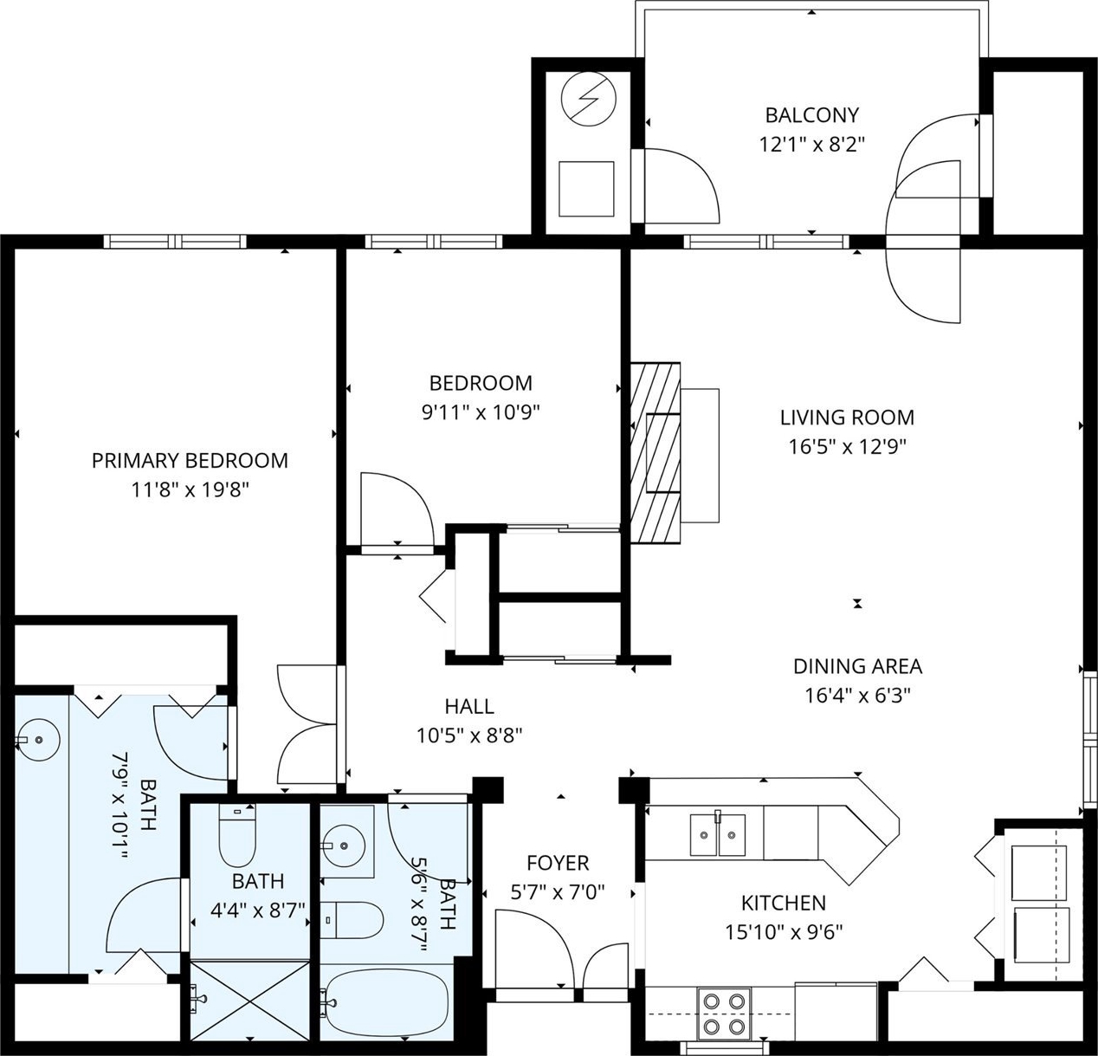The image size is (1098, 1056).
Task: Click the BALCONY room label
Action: point(811,115)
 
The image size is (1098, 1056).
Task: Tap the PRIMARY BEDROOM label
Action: point(190,461)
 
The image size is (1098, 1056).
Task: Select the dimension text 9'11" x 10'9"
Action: point(481,412)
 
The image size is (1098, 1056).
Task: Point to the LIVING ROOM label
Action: point(847,418)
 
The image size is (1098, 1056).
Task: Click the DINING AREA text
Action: point(857,666)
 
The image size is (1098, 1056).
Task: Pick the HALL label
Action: point(468,706)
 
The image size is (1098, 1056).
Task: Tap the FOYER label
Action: point(558,863)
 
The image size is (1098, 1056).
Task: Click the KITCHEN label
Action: point(783,903)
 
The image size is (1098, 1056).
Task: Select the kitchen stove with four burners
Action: point(724,1014)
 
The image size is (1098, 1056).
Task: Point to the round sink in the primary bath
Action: point(38,740)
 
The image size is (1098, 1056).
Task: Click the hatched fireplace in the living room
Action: point(655,453)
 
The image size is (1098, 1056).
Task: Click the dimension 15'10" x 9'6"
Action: point(784,932)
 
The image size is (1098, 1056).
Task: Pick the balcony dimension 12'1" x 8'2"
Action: point(811,145)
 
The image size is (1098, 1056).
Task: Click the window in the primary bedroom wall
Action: point(176,242)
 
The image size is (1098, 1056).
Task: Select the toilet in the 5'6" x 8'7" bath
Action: point(352,920)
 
